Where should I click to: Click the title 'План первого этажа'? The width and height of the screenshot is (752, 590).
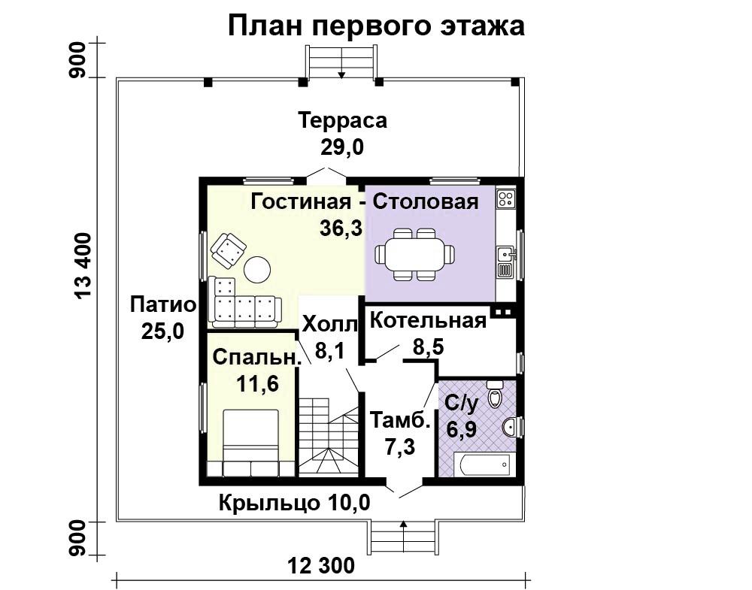pos(376,26)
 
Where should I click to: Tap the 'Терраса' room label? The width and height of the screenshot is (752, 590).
pos(342,120)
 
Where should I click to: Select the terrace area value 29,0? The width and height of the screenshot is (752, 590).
pos(342,147)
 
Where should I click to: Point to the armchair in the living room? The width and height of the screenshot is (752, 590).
pos(229,250)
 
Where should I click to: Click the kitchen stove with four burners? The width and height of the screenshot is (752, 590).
pos(506,199)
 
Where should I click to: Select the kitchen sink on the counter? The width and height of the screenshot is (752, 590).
pos(505,253)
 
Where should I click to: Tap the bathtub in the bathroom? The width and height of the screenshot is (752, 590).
pos(485,464)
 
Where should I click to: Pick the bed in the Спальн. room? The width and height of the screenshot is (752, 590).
pos(251,443)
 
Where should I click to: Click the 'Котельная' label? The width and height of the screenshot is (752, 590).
pos(429,321)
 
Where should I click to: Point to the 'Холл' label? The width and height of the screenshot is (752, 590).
pos(330,324)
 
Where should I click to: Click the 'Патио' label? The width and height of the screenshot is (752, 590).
pos(163,305)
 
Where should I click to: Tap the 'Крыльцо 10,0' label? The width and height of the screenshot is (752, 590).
pos(295,504)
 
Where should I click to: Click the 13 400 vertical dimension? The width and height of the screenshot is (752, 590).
pos(83,267)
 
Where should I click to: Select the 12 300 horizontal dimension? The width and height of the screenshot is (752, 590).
pos(321,565)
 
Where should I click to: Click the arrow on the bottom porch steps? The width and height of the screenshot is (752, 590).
pos(403,532)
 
